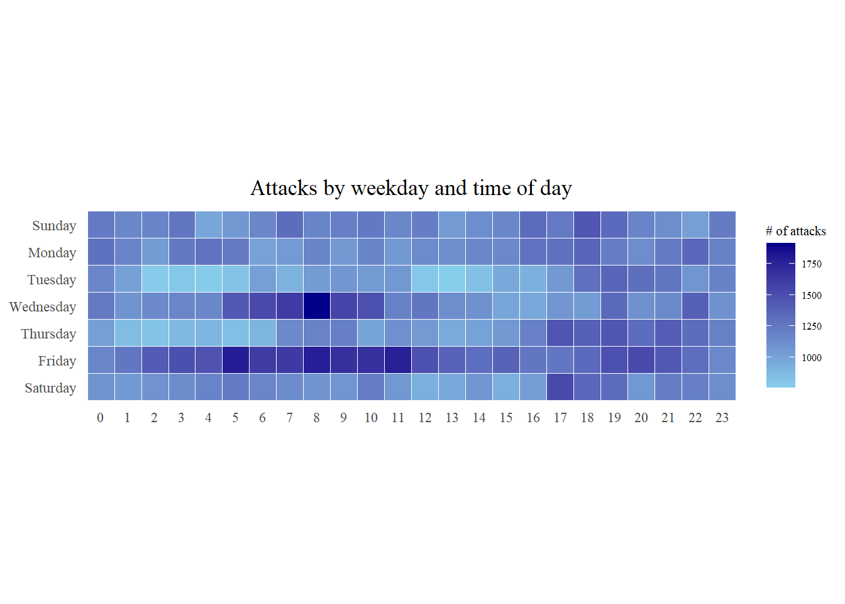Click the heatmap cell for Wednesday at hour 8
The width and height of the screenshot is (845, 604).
[x=317, y=306]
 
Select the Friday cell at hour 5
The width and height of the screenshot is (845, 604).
[x=236, y=360]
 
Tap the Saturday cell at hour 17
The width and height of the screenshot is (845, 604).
[x=560, y=387]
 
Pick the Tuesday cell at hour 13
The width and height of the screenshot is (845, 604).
[x=452, y=279]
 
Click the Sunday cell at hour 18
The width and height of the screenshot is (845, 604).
[x=587, y=225]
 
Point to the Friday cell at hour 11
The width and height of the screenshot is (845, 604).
[x=398, y=360]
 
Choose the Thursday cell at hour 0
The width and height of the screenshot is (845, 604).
[x=101, y=333]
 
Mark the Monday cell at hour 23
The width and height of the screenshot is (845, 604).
[x=722, y=252]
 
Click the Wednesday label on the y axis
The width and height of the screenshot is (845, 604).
[x=43, y=307]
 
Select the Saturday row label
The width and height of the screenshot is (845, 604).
[x=50, y=388]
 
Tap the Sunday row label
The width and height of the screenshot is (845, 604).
[x=54, y=226]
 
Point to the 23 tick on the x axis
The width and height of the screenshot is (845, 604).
[x=722, y=418]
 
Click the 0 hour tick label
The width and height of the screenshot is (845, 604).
[x=101, y=418]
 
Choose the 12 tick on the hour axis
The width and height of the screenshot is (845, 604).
[x=425, y=418]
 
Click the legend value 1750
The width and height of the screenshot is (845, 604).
[x=811, y=264]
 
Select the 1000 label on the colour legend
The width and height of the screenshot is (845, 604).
[x=811, y=358]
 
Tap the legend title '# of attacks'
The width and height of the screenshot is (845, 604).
[x=795, y=231]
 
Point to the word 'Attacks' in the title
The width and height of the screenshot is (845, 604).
[x=284, y=188]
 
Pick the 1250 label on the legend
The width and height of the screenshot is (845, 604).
[x=811, y=327]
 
